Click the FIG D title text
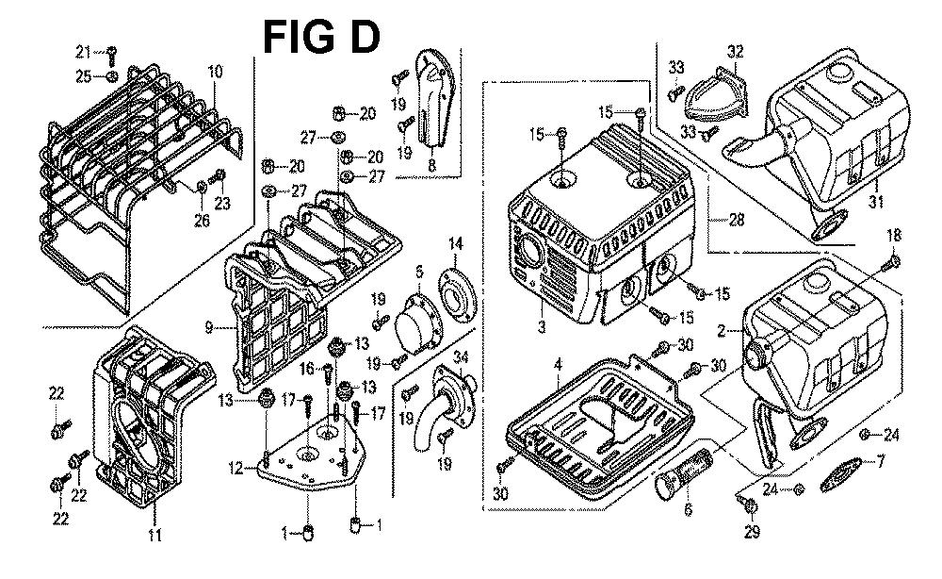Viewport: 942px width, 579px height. tap(320, 37)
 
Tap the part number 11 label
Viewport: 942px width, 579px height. tap(154, 537)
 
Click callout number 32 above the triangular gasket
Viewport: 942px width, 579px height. tap(736, 51)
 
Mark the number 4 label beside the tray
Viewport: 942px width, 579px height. tap(558, 364)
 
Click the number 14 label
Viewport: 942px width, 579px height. tap(456, 245)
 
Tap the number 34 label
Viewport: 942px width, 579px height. tap(461, 356)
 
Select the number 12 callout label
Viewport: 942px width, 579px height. tap(235, 466)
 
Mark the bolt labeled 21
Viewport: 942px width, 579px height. tap(111, 53)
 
